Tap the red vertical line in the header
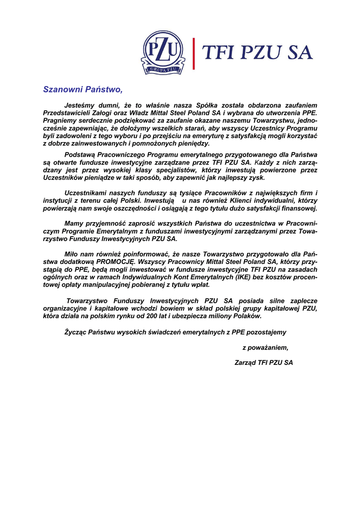193,53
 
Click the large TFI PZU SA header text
256,52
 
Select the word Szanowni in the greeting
62,89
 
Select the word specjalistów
167,170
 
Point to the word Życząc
76,332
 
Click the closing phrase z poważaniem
265,347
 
